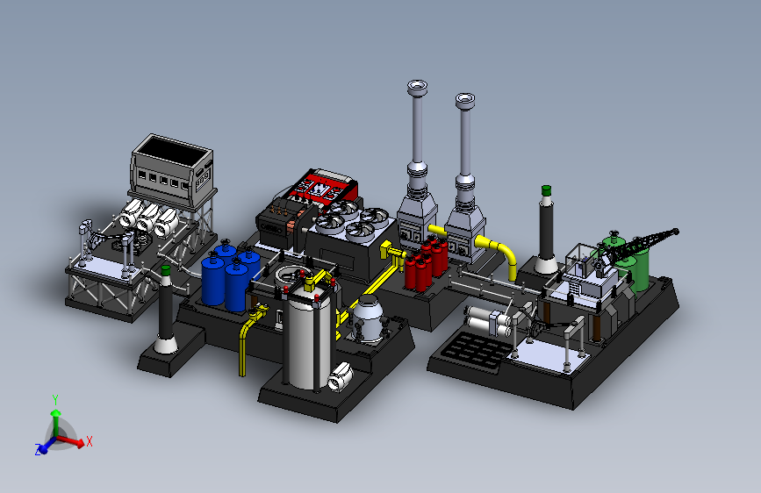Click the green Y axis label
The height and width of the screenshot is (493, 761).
click(x=55, y=400)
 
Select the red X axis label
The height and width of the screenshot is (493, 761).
click(x=90, y=441)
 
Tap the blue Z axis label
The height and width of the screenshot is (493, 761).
click(x=38, y=449)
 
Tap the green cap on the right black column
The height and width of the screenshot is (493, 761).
click(x=546, y=189)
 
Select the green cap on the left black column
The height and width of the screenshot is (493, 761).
click(x=166, y=270)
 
